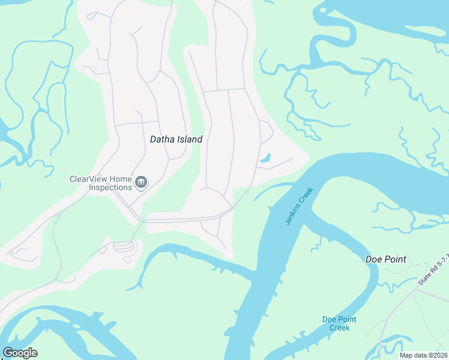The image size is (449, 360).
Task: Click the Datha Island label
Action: click(176, 139)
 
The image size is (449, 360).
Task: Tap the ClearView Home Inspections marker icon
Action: click(141, 182)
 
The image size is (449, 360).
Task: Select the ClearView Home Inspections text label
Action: click(101, 183)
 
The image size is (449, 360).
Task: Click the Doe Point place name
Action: click(386, 259)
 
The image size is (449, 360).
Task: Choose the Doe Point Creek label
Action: click(336, 323)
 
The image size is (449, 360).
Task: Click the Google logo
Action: click(20, 353)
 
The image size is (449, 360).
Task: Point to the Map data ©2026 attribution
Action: click(423, 355)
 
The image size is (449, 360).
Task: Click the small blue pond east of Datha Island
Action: click(265, 158)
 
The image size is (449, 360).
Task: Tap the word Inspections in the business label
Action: click(110, 187)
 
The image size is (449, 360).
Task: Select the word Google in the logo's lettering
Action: click(20, 353)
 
